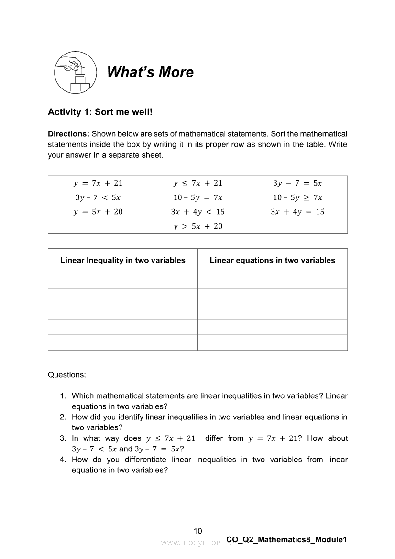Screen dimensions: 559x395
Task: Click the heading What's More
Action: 150,72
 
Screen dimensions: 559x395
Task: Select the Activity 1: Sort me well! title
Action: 100,112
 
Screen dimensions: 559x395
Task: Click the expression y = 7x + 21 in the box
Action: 98,183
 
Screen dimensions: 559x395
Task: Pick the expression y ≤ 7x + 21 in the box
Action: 197,183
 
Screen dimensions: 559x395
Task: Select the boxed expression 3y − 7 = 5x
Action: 297,183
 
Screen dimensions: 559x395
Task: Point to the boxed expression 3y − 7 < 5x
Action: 98,197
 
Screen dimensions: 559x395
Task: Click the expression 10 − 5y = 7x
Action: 197,197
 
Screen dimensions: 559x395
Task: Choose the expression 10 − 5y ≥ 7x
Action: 297,197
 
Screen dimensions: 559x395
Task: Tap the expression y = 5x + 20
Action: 98,212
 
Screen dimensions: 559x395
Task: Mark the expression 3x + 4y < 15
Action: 197,212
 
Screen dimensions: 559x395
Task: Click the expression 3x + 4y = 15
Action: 297,212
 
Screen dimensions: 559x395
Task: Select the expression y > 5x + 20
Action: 197,226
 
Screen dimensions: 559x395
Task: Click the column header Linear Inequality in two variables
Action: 122,261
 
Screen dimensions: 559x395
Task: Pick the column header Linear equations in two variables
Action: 273,261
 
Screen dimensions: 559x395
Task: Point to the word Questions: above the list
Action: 67,375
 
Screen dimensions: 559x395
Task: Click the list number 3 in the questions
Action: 62,438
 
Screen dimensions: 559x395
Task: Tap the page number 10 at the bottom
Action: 198,531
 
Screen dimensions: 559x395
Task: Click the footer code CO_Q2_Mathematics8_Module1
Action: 286,540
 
